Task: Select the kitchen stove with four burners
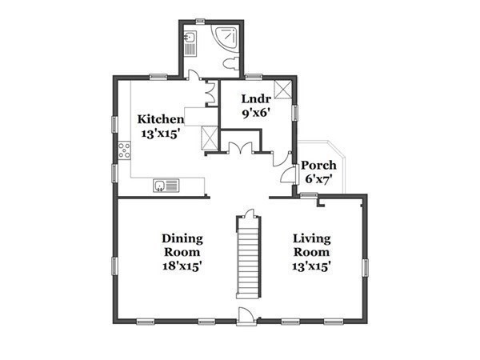click(x=125, y=151)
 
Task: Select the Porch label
click(x=318, y=166)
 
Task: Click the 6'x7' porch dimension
click(x=318, y=180)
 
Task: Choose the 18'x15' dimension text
click(x=182, y=266)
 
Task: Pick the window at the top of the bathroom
click(x=200, y=20)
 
